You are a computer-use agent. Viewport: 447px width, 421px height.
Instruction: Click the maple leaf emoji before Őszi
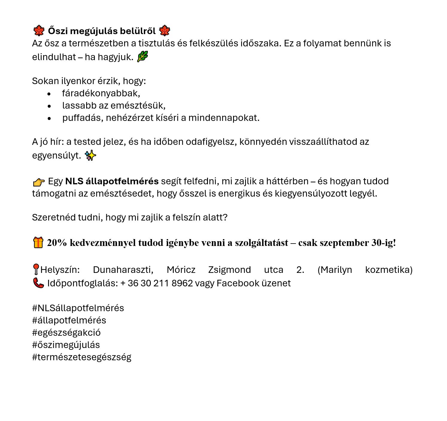[39, 31]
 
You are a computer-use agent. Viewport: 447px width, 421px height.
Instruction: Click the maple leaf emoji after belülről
[165, 31]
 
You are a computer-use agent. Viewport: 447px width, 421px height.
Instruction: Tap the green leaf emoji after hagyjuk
[142, 57]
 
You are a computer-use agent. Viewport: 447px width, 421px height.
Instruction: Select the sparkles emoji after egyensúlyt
[90, 156]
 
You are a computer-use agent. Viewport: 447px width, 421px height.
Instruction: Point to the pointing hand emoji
[39, 182]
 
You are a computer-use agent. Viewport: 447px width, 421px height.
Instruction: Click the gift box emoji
[38, 242]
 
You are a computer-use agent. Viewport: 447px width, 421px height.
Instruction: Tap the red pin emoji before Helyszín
[36, 269]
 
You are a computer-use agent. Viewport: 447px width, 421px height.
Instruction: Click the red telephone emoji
[38, 283]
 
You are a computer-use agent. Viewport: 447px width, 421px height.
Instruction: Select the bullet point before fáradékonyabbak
[49, 94]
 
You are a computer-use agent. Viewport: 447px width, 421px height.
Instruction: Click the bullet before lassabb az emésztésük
[49, 106]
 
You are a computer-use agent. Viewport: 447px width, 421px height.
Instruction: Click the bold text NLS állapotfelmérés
[112, 181]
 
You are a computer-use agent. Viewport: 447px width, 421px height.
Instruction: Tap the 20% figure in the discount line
[57, 243]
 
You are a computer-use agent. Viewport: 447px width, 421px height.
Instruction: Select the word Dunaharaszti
[123, 270]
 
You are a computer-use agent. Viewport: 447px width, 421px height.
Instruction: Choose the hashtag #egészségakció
[66, 332]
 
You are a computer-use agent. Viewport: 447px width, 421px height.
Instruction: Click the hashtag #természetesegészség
[82, 357]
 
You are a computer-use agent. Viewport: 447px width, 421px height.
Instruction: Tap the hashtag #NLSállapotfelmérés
[78, 308]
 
